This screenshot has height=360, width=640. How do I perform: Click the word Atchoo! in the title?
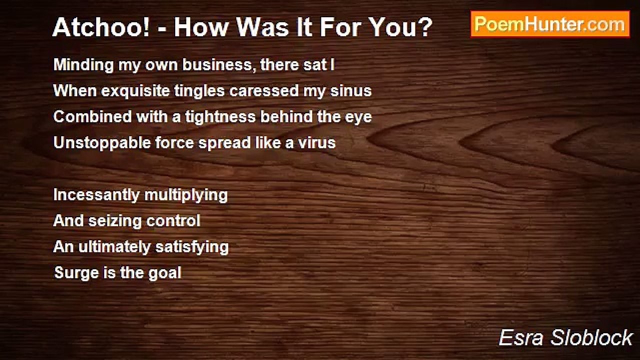click(101, 27)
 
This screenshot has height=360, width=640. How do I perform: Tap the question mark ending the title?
click(425, 27)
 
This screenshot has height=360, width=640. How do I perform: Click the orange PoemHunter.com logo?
click(550, 24)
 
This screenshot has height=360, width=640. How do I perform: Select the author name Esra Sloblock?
click(565, 337)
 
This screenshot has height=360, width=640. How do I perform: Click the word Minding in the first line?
click(83, 65)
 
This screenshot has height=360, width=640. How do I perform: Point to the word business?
click(219, 65)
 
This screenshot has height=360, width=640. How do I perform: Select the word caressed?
click(264, 91)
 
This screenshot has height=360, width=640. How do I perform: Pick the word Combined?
click(92, 117)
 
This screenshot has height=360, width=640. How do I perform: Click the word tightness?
click(220, 117)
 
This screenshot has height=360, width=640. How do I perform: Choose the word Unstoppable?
click(101, 143)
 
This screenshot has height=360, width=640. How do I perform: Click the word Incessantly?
click(96, 195)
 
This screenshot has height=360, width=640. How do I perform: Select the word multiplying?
click(186, 195)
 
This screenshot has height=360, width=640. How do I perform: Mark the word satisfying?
click(192, 247)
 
